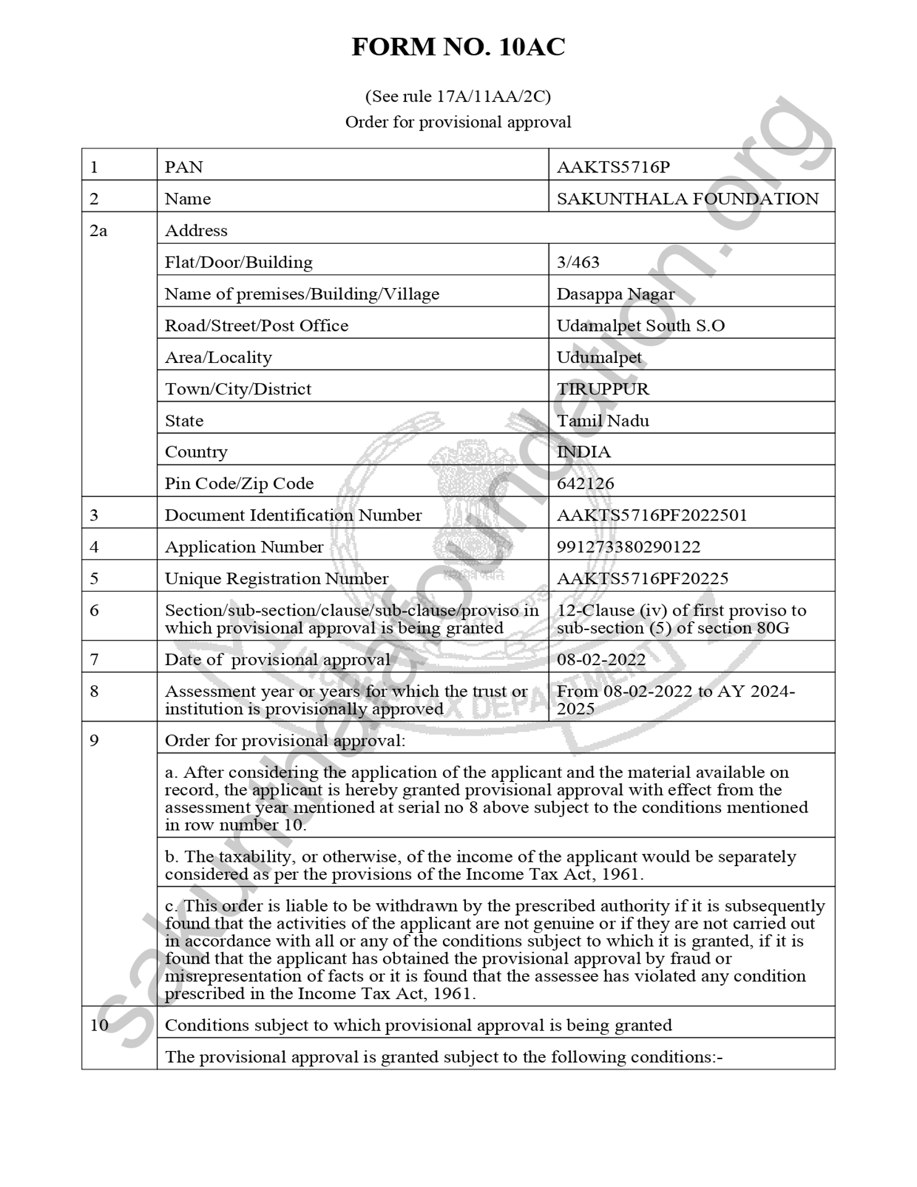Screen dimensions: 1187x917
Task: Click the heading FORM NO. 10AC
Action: click(x=458, y=48)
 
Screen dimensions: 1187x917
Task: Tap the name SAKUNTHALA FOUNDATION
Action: click(x=687, y=198)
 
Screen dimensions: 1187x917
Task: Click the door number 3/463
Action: click(x=578, y=262)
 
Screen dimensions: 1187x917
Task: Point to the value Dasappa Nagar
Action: click(x=615, y=294)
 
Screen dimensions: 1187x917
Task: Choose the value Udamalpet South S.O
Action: click(x=640, y=325)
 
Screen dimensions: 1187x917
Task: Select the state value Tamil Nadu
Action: click(x=602, y=420)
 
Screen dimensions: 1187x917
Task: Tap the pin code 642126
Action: click(x=585, y=483)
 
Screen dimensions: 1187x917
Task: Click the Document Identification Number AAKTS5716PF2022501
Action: click(x=651, y=515)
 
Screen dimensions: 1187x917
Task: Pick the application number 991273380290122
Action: click(x=628, y=547)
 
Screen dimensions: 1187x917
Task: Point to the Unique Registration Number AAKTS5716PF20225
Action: click(x=642, y=579)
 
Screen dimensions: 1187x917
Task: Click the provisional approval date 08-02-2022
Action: click(x=601, y=660)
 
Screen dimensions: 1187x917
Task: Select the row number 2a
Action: click(x=98, y=231)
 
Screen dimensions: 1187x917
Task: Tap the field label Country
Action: click(x=196, y=452)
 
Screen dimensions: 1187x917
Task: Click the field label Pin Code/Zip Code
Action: click(x=239, y=483)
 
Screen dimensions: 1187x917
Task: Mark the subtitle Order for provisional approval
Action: click(x=458, y=122)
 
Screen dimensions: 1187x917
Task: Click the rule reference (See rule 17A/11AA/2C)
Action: click(x=458, y=96)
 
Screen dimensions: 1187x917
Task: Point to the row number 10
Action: click(x=99, y=1025)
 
